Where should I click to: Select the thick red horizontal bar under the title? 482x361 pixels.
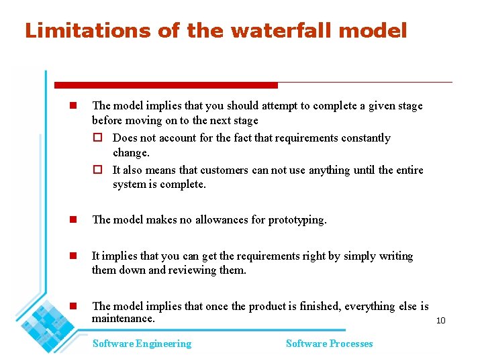coord(166,85)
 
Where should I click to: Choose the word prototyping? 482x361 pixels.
coord(297,219)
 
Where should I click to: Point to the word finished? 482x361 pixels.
coord(318,306)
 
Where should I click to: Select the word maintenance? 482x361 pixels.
coord(123,318)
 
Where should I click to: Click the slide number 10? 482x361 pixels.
coord(440,321)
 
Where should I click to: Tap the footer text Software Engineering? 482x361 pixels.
coord(142,344)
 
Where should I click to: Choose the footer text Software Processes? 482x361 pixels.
coord(329,344)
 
